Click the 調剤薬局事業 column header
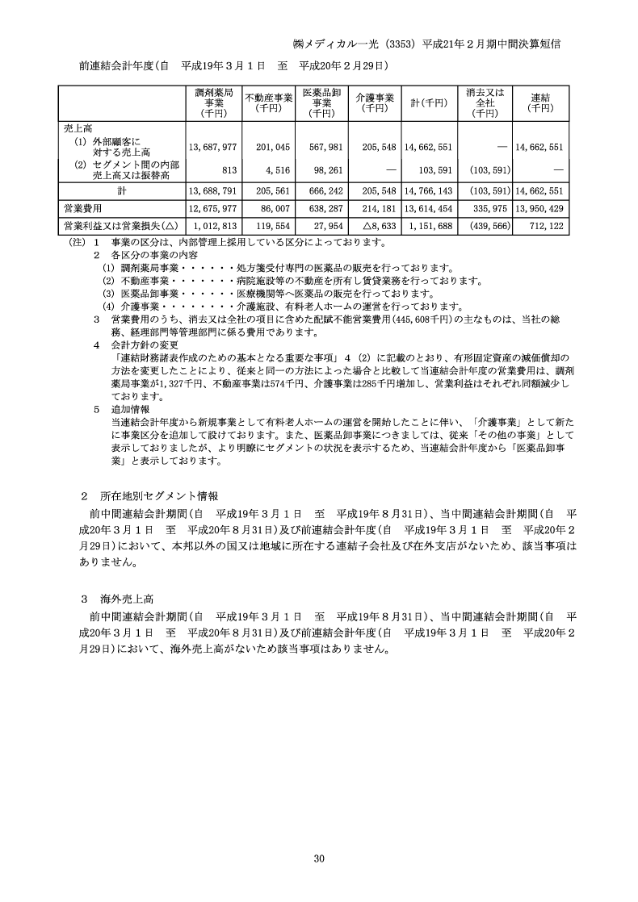214,102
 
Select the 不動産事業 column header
267,102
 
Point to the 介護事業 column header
375,102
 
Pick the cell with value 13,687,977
212,148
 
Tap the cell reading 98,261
329,170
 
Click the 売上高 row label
78,127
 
